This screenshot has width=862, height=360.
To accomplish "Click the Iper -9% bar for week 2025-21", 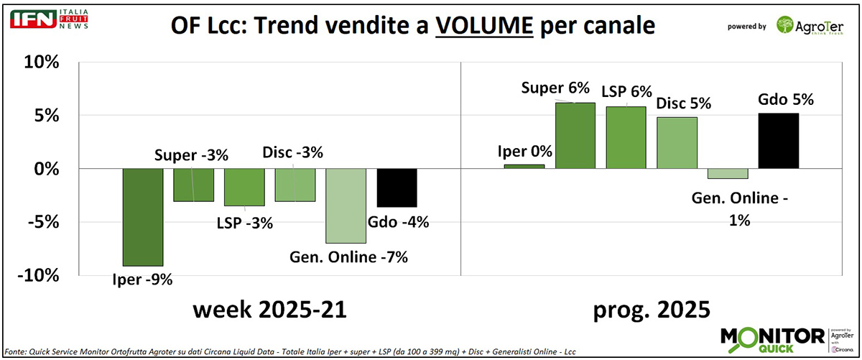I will point(142,217).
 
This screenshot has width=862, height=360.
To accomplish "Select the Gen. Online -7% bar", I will point(346,206).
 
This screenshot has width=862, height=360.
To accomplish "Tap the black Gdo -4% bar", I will point(397,188).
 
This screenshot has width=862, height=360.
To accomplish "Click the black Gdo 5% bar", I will point(779,141).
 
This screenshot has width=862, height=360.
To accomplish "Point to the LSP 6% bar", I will point(626,137).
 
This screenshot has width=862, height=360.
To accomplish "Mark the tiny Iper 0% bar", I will point(524,166).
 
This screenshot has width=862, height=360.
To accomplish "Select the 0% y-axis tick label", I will point(44,169).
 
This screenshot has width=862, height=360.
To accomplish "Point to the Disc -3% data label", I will point(292,152).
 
